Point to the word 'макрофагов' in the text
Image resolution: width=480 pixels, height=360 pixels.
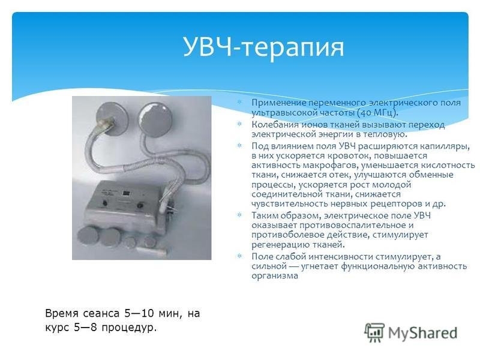pos(324,165)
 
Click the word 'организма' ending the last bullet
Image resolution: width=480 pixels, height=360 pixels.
pos(275,277)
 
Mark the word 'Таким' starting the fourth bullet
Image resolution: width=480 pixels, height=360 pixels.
pos(265,216)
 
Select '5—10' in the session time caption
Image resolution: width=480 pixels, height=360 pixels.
pos(138,313)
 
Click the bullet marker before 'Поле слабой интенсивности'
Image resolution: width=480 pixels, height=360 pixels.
pos(239,256)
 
